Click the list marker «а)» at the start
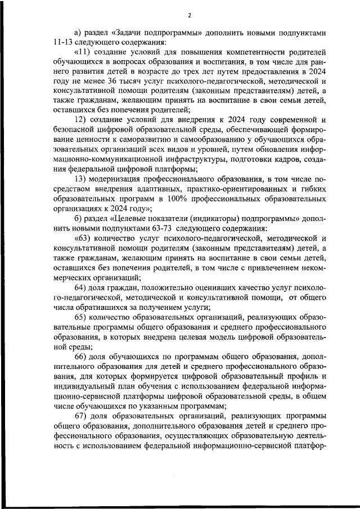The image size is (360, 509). click(78, 32)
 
